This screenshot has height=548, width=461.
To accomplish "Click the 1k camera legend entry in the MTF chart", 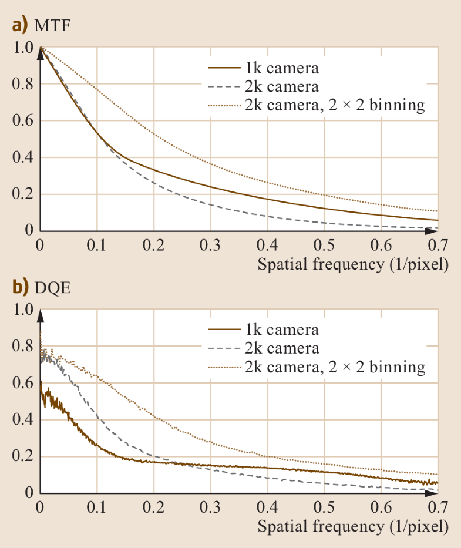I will [x=264, y=69].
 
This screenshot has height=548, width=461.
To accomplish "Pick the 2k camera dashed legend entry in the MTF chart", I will [x=264, y=87].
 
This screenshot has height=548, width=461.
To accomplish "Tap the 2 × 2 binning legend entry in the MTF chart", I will [x=317, y=106].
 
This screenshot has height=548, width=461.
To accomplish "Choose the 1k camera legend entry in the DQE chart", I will [x=264, y=330].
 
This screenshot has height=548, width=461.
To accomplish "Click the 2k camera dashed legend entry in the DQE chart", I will [x=264, y=349].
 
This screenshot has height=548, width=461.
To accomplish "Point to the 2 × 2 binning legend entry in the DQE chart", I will [x=317, y=368].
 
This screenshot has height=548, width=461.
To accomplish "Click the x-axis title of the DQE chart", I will [x=353, y=526].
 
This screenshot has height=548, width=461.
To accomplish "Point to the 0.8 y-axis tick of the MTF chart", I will [x=22, y=85].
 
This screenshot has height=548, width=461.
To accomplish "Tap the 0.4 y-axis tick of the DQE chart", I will [x=22, y=420].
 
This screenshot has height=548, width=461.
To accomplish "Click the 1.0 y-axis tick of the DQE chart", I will [x=22, y=310].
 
